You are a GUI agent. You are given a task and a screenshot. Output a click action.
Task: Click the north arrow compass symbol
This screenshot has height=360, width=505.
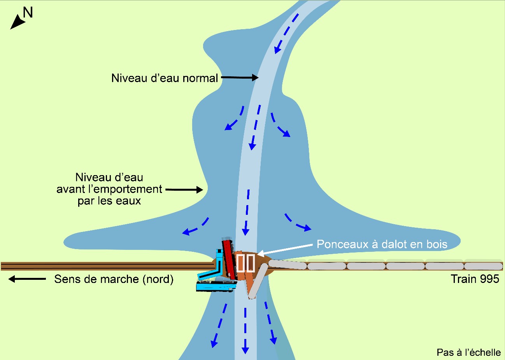tap(17, 22)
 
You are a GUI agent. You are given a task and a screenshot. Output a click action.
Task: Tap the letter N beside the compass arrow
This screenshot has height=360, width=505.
tap(28, 13)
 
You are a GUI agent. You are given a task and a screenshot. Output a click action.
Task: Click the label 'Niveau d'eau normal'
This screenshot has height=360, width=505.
tap(164, 78)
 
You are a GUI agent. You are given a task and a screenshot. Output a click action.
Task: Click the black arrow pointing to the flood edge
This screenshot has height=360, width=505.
tap(184, 190)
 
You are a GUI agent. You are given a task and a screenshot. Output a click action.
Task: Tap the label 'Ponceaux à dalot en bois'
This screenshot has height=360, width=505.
tap(382, 244)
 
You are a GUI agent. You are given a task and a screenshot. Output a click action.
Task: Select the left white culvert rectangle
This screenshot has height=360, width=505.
tap(240, 263)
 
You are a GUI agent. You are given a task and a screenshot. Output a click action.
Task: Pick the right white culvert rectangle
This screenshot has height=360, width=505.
tap(250, 263)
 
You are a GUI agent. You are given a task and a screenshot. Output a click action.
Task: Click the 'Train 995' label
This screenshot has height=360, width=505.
tap(475, 279)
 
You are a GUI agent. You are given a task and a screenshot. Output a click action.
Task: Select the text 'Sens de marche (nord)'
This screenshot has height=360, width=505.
tap(114, 279)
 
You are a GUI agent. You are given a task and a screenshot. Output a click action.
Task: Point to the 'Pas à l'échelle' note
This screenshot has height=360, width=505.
tap(468, 352)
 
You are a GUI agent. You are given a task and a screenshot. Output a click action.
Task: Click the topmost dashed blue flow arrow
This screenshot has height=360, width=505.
tap(287, 33)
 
